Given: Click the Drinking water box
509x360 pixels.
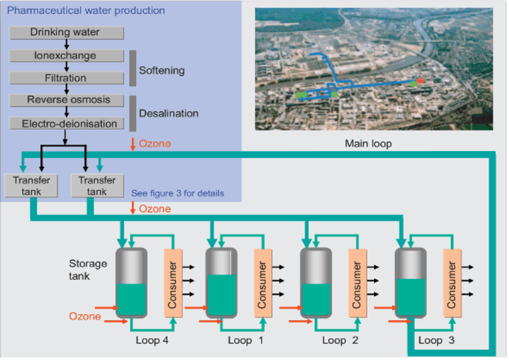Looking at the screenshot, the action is point(67,33).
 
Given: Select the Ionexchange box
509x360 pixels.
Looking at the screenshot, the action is point(67,56).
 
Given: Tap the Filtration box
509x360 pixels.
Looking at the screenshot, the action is point(67,78).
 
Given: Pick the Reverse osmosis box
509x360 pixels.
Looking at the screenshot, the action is point(67,100).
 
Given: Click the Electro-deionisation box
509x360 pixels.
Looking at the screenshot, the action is point(67,123).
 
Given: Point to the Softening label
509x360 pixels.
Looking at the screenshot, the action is point(162,71).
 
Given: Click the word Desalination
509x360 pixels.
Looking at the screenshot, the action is point(169,113).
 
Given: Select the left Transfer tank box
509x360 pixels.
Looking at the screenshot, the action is point(31,185).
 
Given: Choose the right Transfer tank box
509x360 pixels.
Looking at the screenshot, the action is point(97,185).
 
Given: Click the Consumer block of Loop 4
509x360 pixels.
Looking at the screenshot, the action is point(173,283).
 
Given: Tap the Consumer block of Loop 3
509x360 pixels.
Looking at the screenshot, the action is point(452,283).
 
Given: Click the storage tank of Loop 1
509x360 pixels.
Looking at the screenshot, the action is point(221,283).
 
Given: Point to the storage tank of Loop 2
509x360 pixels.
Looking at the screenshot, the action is point(316,283).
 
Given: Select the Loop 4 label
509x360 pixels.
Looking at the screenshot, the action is point(152,340).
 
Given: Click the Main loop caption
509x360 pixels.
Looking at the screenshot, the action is point(368,144).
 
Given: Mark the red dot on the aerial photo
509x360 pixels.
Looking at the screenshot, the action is point(420,81).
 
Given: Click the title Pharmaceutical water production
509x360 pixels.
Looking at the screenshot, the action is point(86,10).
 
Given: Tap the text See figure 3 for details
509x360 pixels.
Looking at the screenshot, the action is point(177,193).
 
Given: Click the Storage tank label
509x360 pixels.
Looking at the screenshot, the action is point(87,270).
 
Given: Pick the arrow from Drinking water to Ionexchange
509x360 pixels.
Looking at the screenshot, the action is point(66,44).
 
